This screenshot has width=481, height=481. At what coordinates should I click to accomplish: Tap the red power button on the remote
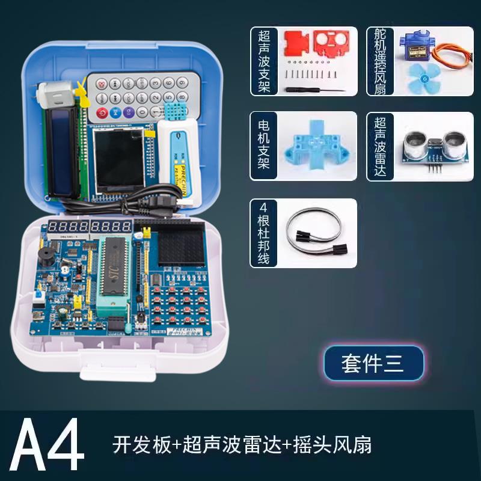point(102,112)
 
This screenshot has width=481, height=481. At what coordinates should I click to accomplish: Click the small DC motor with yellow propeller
point(54,94)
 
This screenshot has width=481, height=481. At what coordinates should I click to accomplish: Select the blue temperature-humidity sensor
point(174,111)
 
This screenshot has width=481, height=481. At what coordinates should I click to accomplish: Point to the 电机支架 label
point(263,146)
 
